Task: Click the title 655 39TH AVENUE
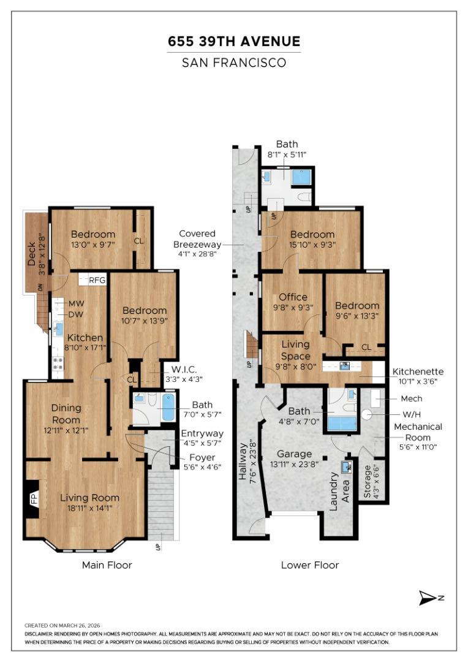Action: click(234, 42)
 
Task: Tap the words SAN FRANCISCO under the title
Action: click(234, 63)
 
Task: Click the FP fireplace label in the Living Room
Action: click(34, 500)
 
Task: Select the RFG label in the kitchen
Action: click(97, 280)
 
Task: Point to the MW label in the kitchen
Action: click(77, 303)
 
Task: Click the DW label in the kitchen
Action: click(76, 314)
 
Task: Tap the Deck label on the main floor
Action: click(32, 254)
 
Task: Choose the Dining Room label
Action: click(66, 414)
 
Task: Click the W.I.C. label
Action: click(184, 370)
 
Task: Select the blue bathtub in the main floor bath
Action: click(168, 407)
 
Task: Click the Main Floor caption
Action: click(107, 565)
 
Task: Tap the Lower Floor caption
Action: click(310, 565)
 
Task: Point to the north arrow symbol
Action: click(428, 598)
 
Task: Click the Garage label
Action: click(294, 454)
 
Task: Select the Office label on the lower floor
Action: click(293, 297)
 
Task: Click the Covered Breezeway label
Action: click(197, 239)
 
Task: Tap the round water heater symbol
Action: click(367, 414)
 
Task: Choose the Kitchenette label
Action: click(418, 371)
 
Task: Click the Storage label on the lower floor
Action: click(367, 482)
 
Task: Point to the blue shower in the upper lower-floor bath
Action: click(301, 177)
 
